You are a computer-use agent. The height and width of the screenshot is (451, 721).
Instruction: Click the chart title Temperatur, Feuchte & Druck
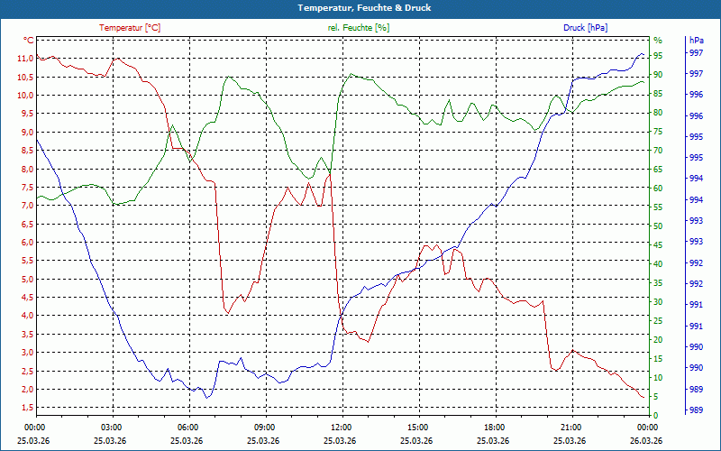(360, 8)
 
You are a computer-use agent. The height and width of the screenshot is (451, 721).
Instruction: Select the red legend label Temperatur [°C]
(130, 28)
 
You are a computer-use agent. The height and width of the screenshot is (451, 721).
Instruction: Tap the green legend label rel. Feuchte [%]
(359, 28)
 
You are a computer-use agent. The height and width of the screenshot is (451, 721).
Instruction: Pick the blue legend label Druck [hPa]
(585, 28)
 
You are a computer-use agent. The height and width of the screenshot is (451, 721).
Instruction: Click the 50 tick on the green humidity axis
(658, 225)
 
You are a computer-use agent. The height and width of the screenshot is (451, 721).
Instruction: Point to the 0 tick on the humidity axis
(655, 415)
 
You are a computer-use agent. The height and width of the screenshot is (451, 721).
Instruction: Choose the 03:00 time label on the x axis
(112, 427)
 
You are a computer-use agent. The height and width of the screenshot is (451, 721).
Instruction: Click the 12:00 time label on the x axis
(342, 427)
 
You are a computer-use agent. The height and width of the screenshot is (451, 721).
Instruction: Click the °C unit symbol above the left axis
(29, 41)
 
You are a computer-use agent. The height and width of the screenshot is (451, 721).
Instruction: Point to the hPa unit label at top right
(697, 41)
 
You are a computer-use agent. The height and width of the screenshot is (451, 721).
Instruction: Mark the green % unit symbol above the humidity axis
(658, 41)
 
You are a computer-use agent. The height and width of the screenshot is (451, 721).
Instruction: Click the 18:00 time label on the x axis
(495, 427)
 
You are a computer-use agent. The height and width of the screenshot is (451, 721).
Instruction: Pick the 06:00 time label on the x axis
(188, 427)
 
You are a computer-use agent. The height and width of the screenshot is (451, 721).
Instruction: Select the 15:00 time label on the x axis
(418, 427)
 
